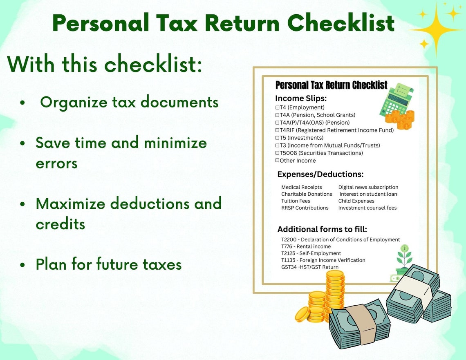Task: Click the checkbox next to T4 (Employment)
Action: (x=277, y=107)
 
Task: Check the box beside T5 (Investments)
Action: (x=277, y=138)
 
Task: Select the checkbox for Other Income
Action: (x=277, y=160)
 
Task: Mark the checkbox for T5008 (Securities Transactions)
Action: (x=277, y=153)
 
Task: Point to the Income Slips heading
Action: (x=300, y=98)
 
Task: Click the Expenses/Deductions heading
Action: (x=320, y=174)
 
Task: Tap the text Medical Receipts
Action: (x=301, y=187)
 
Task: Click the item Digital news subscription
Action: (x=368, y=187)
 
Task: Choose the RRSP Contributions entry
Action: (x=305, y=208)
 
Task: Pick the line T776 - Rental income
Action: (x=306, y=246)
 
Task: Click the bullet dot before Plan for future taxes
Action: (x=23, y=265)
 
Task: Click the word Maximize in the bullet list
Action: (x=71, y=203)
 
